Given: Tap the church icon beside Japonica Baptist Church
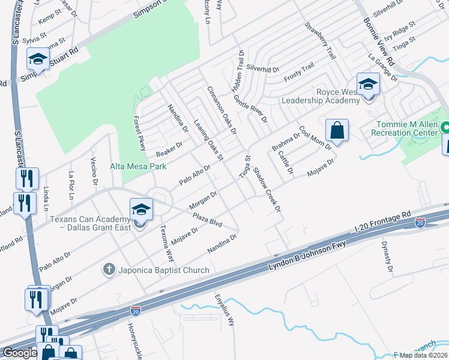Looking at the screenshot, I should (x=109, y=269).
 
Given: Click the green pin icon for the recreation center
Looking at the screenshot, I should (x=445, y=127).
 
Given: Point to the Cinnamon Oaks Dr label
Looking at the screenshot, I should (x=222, y=110).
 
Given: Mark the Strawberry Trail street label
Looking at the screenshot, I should (x=319, y=41).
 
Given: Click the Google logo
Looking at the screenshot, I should (x=20, y=353).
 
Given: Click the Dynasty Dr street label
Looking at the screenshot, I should (x=388, y=257).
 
